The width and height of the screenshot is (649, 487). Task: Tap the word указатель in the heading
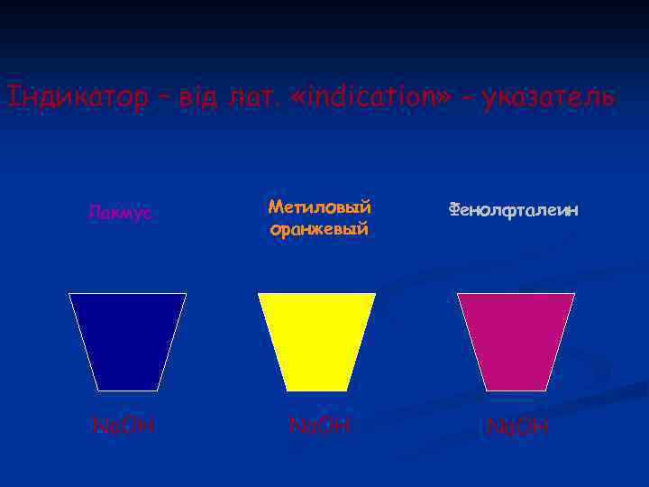[x=549, y=96]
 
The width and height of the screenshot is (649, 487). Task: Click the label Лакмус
[x=120, y=213]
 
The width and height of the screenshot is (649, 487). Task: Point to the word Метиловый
[x=320, y=207]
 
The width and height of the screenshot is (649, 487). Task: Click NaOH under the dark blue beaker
[x=124, y=423]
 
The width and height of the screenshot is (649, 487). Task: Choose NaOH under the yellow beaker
[x=319, y=423]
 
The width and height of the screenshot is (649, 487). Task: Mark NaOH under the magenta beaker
[x=516, y=426]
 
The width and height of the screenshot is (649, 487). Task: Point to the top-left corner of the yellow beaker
[x=259, y=294]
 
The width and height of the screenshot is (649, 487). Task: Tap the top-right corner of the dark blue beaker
[x=186, y=294]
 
